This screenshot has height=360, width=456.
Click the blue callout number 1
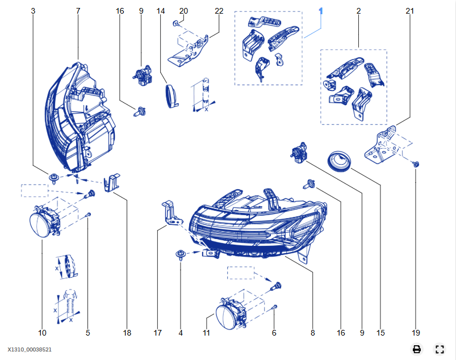[x=321, y=11]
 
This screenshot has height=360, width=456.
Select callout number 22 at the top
[x=219, y=11]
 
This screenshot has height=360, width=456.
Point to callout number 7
[x=78, y=11]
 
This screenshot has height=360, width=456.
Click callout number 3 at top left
[x=33, y=11]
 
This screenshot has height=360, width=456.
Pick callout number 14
[x=161, y=11]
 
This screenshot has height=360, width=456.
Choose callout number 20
[x=183, y=11]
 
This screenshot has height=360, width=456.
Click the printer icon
[x=416, y=349]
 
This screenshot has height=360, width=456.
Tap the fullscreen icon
[x=439, y=349]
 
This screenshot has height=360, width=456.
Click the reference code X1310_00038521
[x=30, y=350]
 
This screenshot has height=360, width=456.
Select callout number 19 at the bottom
[x=416, y=333]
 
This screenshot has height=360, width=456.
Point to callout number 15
[x=381, y=333]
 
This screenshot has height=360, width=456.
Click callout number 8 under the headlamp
[x=312, y=333]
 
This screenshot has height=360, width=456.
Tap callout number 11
[x=207, y=333]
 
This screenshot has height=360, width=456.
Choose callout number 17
[x=158, y=333]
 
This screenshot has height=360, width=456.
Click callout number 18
[x=127, y=333]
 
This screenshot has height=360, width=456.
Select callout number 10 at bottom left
[x=42, y=333]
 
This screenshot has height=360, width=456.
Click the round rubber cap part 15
[x=341, y=160]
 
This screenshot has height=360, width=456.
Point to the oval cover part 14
[x=171, y=95]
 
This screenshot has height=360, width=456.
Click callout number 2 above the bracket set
[x=359, y=11]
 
